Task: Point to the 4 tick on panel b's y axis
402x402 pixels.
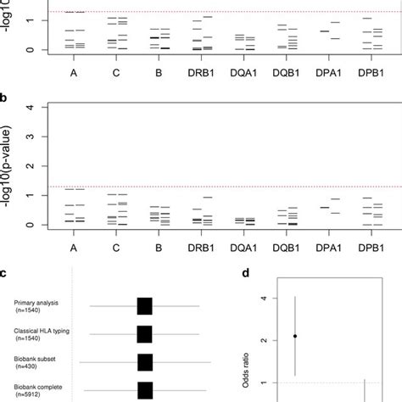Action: tap(33, 107)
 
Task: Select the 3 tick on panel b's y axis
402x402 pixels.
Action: tap(33, 137)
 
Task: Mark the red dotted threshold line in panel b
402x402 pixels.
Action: tap(212, 187)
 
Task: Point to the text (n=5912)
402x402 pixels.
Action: tap(31, 396)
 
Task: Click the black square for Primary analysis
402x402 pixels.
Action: tap(144, 306)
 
